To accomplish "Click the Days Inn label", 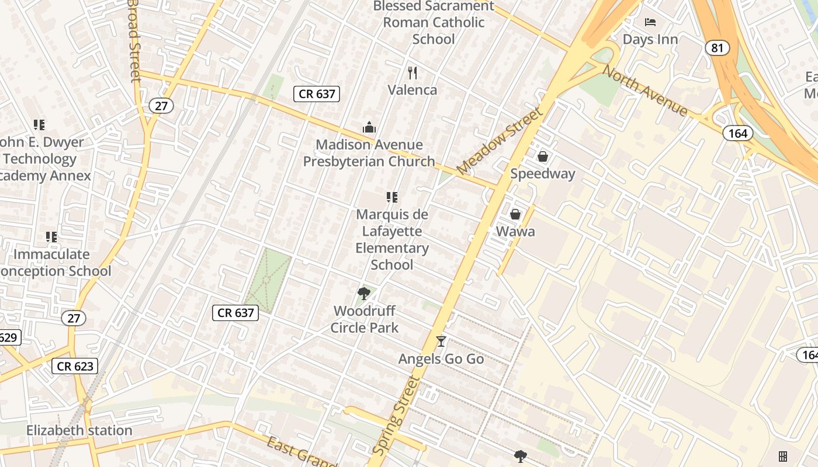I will click(650, 39).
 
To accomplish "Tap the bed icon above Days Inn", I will click(650, 22).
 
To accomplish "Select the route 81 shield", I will click(717, 47).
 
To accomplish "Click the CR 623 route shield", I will click(75, 366).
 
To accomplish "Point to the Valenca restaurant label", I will click(413, 90).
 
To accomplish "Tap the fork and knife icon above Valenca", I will click(413, 72).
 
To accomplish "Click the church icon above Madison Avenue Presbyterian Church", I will click(369, 127).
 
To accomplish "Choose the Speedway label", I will click(542, 173).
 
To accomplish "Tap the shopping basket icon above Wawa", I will click(515, 214).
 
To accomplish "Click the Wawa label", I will click(515, 231).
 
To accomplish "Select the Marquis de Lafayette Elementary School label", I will click(392, 239).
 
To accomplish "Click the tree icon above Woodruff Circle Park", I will click(364, 293).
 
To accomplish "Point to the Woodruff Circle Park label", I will click(365, 319).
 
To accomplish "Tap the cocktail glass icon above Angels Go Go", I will click(441, 341).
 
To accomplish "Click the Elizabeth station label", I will click(79, 431).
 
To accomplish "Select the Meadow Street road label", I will click(500, 140).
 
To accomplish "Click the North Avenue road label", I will click(644, 90).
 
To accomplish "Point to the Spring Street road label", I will click(396, 416).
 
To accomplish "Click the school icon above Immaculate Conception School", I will click(51, 237).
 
